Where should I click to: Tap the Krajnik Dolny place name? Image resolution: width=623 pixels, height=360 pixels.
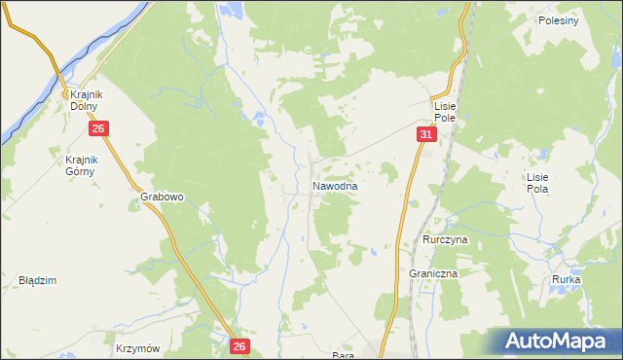pos(86,100)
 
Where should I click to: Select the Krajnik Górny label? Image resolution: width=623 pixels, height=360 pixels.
pos(82,166)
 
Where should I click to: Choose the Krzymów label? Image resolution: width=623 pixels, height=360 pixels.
pos(136,347)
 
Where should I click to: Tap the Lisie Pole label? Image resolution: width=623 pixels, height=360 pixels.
pos(446,111)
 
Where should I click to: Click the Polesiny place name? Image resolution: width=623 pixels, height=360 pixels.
pos(558,20)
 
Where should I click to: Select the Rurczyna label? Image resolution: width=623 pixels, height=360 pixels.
pos(447,238)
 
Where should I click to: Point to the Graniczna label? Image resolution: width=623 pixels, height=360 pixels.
pos(433,274)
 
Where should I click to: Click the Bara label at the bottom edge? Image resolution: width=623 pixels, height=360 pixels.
pos(342,354)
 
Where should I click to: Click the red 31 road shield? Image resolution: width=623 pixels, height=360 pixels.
pos(426,134)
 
